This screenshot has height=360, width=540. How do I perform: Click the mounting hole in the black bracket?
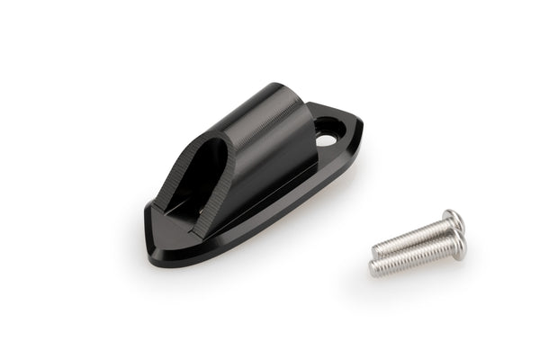[326, 140]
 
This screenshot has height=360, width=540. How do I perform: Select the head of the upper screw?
[454, 220]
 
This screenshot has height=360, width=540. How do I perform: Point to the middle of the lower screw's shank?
[414, 256]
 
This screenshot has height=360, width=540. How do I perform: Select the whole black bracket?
[252, 175]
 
